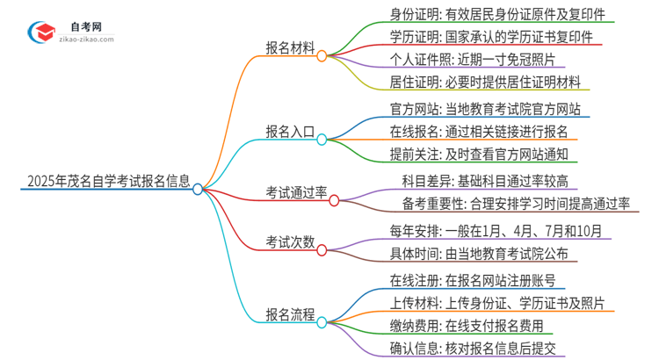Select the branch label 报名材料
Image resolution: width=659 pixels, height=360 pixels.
point(291,48)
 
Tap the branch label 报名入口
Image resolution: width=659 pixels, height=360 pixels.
point(291,133)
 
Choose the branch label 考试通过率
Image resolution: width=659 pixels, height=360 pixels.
point(297,192)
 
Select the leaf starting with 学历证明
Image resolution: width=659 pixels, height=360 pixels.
point(483,39)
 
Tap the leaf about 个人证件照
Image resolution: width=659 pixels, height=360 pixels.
point(471,61)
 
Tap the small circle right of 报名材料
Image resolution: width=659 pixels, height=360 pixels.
point(322,55)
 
